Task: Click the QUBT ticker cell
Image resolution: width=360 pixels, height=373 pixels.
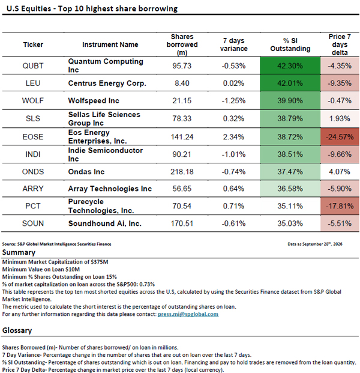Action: tap(33, 65)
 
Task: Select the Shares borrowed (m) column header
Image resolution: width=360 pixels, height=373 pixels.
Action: tap(182, 44)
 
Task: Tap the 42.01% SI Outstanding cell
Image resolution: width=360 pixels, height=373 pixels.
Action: tap(290, 83)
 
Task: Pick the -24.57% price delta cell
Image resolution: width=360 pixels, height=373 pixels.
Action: tap(340, 137)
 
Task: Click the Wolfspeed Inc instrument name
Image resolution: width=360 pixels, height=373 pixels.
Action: tap(94, 101)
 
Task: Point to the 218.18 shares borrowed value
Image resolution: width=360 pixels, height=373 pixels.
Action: tap(182, 172)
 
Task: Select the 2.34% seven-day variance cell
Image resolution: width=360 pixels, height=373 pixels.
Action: tap(233, 137)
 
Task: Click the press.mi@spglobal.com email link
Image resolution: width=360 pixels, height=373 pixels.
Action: tap(188, 314)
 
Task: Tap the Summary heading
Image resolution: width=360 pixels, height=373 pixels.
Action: tap(19, 252)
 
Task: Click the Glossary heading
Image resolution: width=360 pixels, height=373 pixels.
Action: tap(17, 330)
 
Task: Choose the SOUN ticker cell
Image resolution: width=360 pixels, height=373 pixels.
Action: tap(33, 223)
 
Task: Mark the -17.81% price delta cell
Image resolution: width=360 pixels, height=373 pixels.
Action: tap(340, 206)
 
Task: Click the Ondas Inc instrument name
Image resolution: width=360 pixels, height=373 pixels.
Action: tap(86, 172)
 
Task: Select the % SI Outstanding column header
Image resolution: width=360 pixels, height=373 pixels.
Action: tap(290, 44)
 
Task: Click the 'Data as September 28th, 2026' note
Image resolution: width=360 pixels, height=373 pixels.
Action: tap(315, 244)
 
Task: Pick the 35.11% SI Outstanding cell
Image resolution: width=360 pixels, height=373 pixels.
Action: tap(290, 206)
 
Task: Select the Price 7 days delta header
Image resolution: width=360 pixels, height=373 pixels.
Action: tap(340, 44)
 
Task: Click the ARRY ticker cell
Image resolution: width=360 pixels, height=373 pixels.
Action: tap(33, 189)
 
